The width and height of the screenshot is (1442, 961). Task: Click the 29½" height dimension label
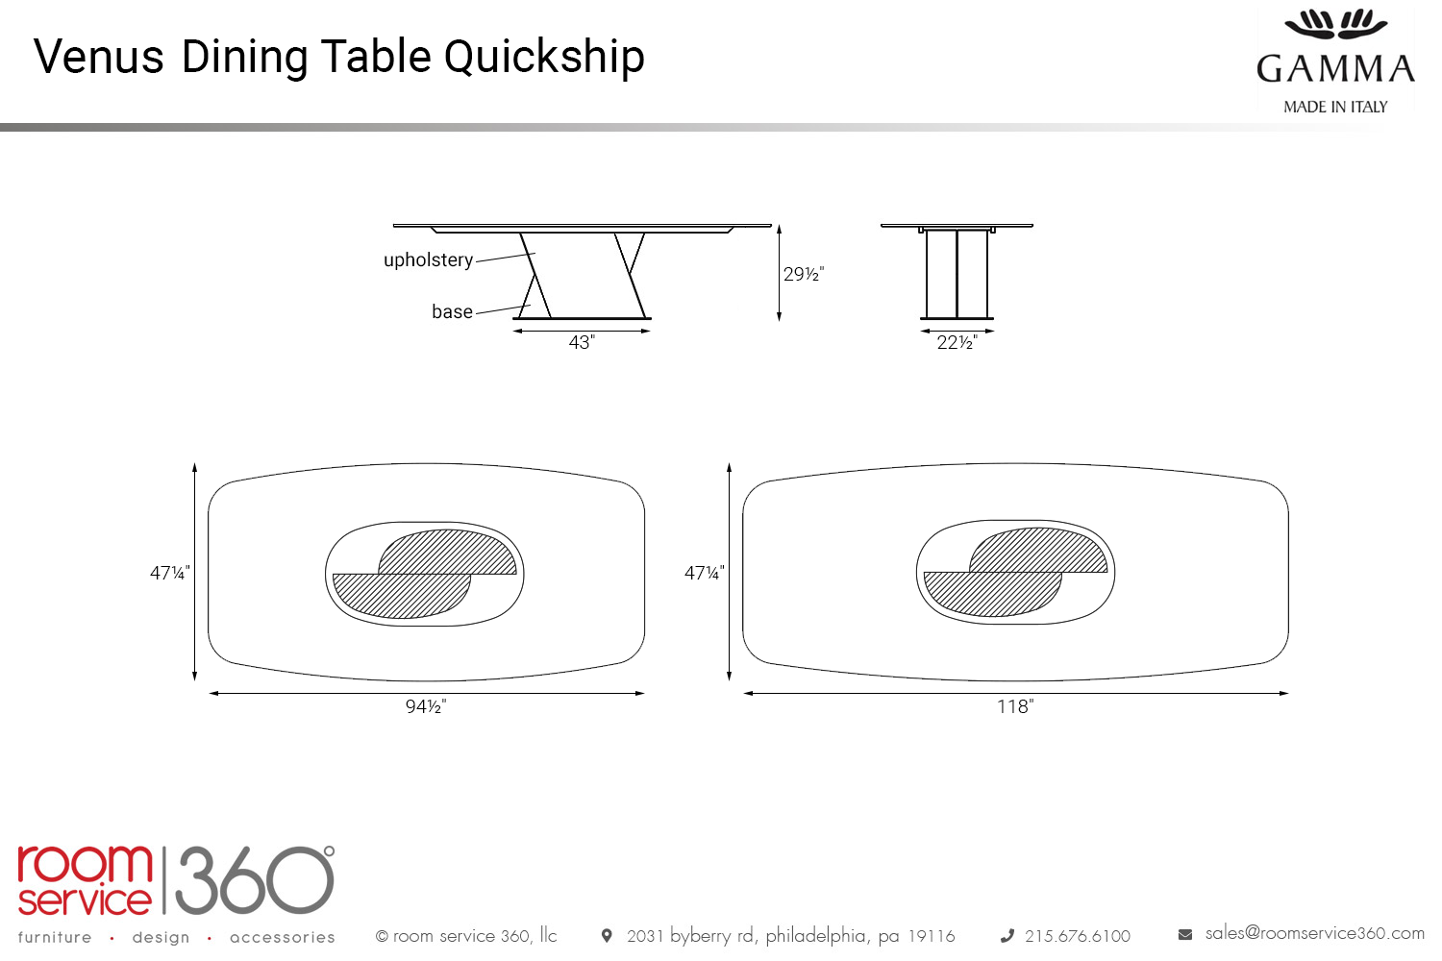click(803, 275)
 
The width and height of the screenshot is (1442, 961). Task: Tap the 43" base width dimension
click(582, 343)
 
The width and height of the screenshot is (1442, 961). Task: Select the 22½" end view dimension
click(957, 343)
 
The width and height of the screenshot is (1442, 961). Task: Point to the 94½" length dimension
click(426, 707)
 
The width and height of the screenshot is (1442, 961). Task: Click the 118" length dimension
click(1015, 707)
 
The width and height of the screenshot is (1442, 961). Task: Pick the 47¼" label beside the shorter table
click(170, 574)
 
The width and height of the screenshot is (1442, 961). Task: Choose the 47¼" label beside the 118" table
click(705, 574)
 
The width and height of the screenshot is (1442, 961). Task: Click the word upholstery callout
click(428, 260)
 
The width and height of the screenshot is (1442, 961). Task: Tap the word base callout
click(452, 312)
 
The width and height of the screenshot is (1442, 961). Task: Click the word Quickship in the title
click(544, 58)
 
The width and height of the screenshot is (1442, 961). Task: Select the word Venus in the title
click(99, 58)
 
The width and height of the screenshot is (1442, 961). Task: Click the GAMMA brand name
click(1335, 69)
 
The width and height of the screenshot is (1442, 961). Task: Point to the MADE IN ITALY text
click(1335, 107)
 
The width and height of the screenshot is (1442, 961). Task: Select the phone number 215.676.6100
click(1077, 936)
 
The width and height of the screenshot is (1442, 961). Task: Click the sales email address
click(1314, 933)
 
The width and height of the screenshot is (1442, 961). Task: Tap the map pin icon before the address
click(607, 936)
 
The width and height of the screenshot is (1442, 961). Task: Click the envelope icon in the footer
click(1185, 934)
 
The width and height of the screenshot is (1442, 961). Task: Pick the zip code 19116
click(932, 936)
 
